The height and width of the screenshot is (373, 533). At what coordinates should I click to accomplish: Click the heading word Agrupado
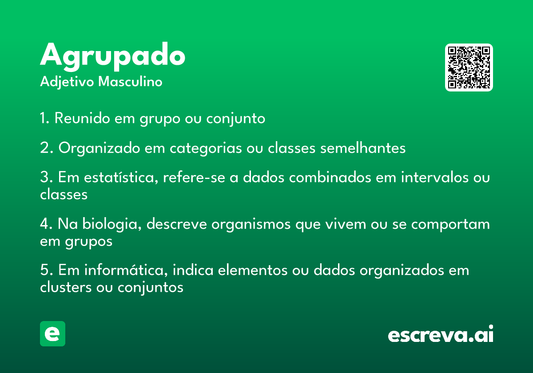click(112, 56)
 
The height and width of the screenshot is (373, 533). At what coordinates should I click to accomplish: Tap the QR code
click(469, 67)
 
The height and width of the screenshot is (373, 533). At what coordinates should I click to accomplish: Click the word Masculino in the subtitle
click(130, 82)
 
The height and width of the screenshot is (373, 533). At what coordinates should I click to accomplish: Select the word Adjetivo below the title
click(67, 82)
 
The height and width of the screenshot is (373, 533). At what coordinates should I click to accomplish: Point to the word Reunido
click(82, 118)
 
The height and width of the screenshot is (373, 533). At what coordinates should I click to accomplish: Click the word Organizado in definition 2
click(99, 148)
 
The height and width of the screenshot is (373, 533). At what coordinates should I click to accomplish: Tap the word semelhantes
click(363, 148)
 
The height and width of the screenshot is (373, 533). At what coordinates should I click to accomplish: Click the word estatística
click(121, 178)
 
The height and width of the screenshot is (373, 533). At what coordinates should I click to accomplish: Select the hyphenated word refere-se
click(194, 177)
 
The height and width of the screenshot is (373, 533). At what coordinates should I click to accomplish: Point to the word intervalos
click(435, 177)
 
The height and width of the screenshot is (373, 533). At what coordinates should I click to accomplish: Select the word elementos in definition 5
click(253, 271)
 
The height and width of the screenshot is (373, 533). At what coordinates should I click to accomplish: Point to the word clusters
click(66, 287)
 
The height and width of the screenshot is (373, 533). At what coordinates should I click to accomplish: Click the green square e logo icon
click(52, 333)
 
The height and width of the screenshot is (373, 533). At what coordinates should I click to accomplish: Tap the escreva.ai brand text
click(441, 334)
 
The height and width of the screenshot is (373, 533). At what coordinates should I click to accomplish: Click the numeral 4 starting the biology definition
click(44, 224)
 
